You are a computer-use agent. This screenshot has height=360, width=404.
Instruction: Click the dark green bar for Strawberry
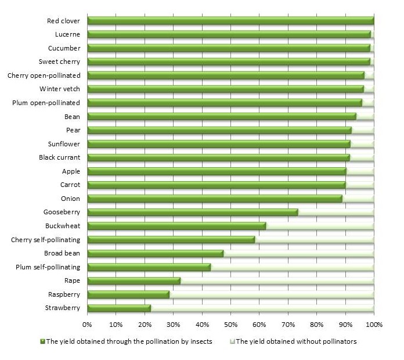119,308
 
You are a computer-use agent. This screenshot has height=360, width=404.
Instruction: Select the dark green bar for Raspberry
128,294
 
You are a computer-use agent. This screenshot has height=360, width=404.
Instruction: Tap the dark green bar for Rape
134,281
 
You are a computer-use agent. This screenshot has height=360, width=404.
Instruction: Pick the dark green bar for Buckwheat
176,226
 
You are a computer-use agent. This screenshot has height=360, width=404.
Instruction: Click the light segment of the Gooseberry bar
336,213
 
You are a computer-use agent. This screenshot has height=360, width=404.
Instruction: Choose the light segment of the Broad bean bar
298,254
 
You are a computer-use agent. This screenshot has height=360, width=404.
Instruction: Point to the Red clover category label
63,21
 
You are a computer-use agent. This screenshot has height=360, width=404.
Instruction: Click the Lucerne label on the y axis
68,35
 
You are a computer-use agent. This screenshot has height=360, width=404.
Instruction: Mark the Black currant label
59,157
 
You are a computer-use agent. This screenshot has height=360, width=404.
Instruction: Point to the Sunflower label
64,144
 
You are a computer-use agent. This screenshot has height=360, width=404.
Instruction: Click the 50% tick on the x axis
230,323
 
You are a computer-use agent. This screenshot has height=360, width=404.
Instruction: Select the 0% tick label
87,323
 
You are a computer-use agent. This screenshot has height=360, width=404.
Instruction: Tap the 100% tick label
373,323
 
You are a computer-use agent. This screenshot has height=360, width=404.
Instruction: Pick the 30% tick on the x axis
173,323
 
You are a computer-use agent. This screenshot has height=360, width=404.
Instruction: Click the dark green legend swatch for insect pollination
42,341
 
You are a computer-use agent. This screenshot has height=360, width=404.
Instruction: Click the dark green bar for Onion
215,199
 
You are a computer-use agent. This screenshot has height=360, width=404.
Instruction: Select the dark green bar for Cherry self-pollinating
171,240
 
